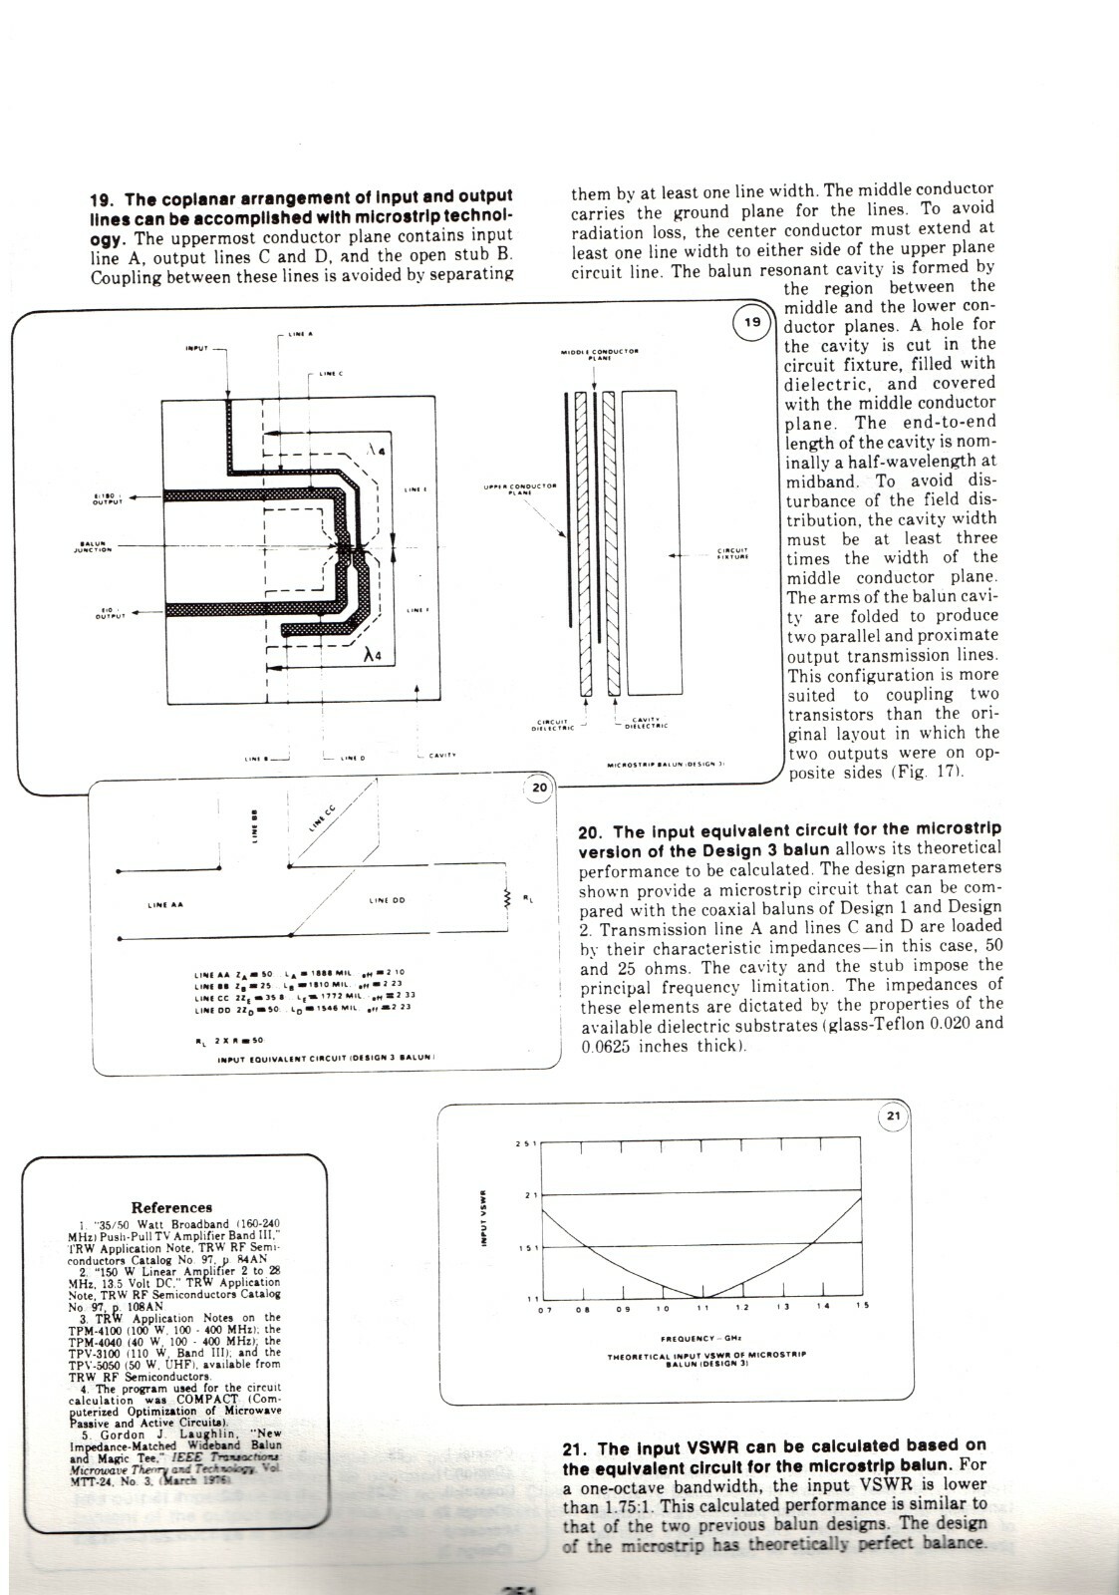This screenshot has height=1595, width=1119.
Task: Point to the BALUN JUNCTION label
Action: (96, 546)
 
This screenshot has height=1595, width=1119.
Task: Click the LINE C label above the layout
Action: (331, 374)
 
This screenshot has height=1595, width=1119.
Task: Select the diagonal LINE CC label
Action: (321, 819)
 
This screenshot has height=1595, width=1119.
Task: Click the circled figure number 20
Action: (539, 788)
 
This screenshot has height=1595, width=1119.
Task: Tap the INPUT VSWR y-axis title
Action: (482, 1217)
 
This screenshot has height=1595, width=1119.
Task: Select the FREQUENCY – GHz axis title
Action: (705, 1339)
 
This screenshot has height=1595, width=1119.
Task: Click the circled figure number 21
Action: (893, 1116)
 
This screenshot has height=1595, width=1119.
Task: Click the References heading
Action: (172, 1207)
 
